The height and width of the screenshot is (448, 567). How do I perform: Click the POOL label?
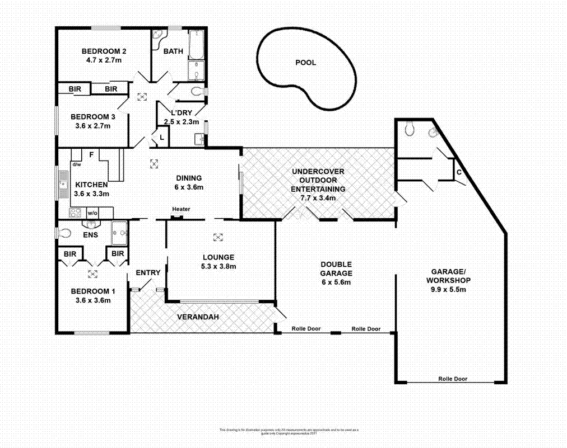point(305,63)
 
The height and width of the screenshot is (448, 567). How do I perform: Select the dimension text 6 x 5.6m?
point(336,282)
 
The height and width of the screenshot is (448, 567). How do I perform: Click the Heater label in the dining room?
point(181,209)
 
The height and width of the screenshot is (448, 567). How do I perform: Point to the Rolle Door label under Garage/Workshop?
point(453,379)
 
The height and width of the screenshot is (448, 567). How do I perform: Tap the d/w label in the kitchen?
point(76,164)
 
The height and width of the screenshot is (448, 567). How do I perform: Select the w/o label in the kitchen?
point(92,213)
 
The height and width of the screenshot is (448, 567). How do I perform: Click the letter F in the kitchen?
point(91,154)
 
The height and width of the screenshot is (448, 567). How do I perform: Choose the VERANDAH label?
point(197,317)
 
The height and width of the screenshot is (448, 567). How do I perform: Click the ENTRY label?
point(148,273)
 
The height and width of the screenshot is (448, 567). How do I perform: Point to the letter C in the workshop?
point(459,172)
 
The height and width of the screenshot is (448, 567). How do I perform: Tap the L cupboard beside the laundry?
point(161,136)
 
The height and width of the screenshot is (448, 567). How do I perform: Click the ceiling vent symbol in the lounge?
point(218,236)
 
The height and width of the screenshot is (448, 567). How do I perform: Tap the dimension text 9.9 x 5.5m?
point(448,290)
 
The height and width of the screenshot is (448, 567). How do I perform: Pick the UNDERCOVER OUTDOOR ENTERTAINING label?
point(318,180)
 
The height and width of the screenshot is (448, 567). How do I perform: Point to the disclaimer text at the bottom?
point(289,431)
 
